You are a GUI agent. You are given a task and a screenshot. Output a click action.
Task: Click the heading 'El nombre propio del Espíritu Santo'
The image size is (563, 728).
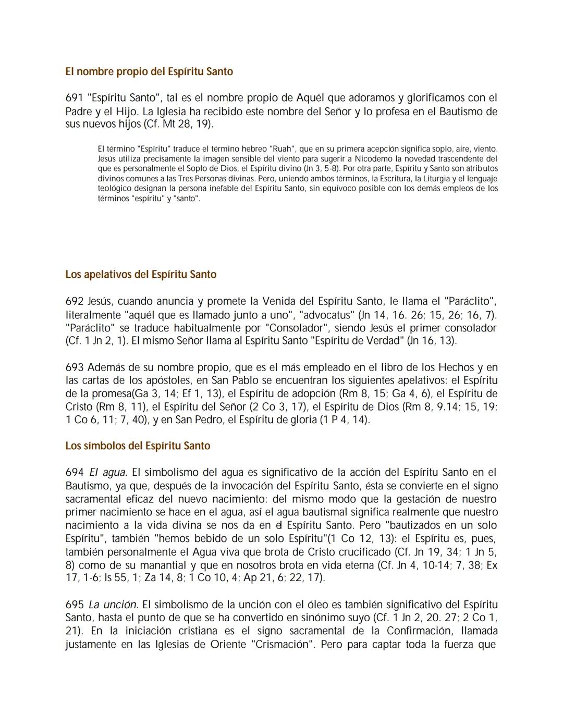149,71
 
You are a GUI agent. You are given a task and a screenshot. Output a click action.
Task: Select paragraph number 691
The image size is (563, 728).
75,97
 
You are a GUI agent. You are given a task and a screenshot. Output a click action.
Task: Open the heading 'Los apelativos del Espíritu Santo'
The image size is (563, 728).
141,274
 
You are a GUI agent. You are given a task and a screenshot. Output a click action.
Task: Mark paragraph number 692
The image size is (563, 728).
75,301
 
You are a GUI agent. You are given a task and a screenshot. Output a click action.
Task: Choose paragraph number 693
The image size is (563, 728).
75,367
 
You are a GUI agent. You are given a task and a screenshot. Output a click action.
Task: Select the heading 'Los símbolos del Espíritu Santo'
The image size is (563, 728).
138,446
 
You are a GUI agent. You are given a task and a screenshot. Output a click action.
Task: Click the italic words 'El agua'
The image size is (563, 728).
108,473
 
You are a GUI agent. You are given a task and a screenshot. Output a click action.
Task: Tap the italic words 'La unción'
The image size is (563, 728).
113,605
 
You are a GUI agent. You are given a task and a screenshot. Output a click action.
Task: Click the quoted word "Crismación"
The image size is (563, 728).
283,644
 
